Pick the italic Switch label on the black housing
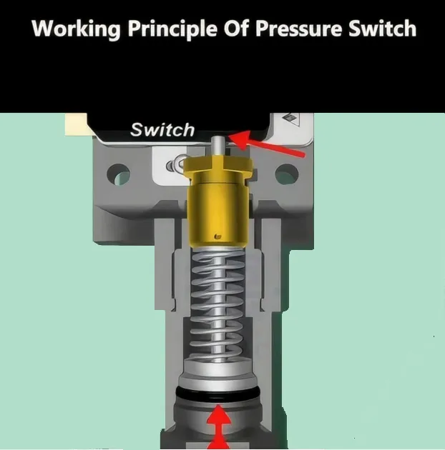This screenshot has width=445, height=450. coord(162,129)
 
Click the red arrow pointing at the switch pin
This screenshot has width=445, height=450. coord(271,147)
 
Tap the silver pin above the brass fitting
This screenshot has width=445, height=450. coord(216,146)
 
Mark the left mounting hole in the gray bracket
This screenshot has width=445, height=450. coord(119,174)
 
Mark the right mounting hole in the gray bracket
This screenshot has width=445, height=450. coord(286,174)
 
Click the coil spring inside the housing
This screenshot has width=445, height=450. coord(218,300)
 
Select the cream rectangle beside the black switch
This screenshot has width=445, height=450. coord(74,125)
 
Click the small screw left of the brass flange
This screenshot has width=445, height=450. coord(172,166)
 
